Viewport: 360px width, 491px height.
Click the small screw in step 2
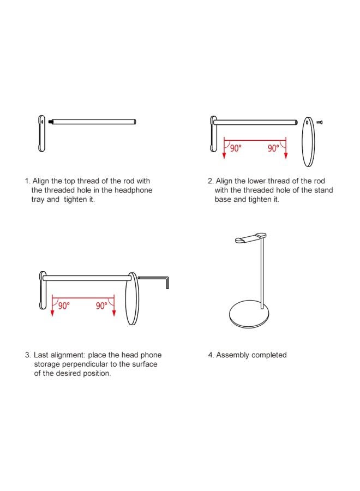[x=319, y=122]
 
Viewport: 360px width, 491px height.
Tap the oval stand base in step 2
[x=308, y=141]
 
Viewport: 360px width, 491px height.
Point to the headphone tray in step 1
[x=41, y=134]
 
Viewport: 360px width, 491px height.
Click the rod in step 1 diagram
[x=92, y=122]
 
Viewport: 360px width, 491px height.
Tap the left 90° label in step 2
[x=236, y=148]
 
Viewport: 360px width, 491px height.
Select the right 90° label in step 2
[x=273, y=148]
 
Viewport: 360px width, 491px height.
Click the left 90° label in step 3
[x=64, y=306]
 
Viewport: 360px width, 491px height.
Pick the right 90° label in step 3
[x=101, y=306]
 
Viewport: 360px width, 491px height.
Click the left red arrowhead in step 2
[x=224, y=155]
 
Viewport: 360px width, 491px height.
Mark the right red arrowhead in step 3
[x=114, y=313]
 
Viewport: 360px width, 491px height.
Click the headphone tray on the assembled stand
[x=250, y=238]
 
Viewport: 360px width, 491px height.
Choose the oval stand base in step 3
[x=132, y=298]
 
